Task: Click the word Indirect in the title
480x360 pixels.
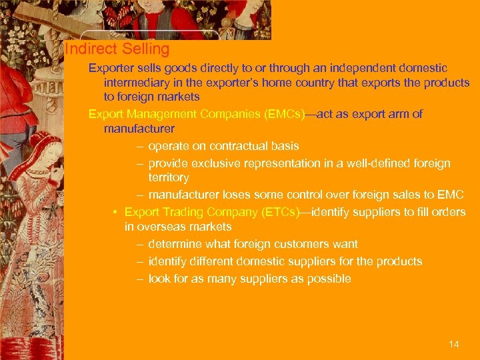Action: click(91, 49)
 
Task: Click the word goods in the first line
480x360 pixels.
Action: click(174, 68)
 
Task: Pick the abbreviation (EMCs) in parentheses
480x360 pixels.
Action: click(284, 114)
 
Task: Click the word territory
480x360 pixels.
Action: click(169, 178)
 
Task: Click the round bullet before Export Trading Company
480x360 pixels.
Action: click(116, 212)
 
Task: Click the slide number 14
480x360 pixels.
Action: click(454, 344)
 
